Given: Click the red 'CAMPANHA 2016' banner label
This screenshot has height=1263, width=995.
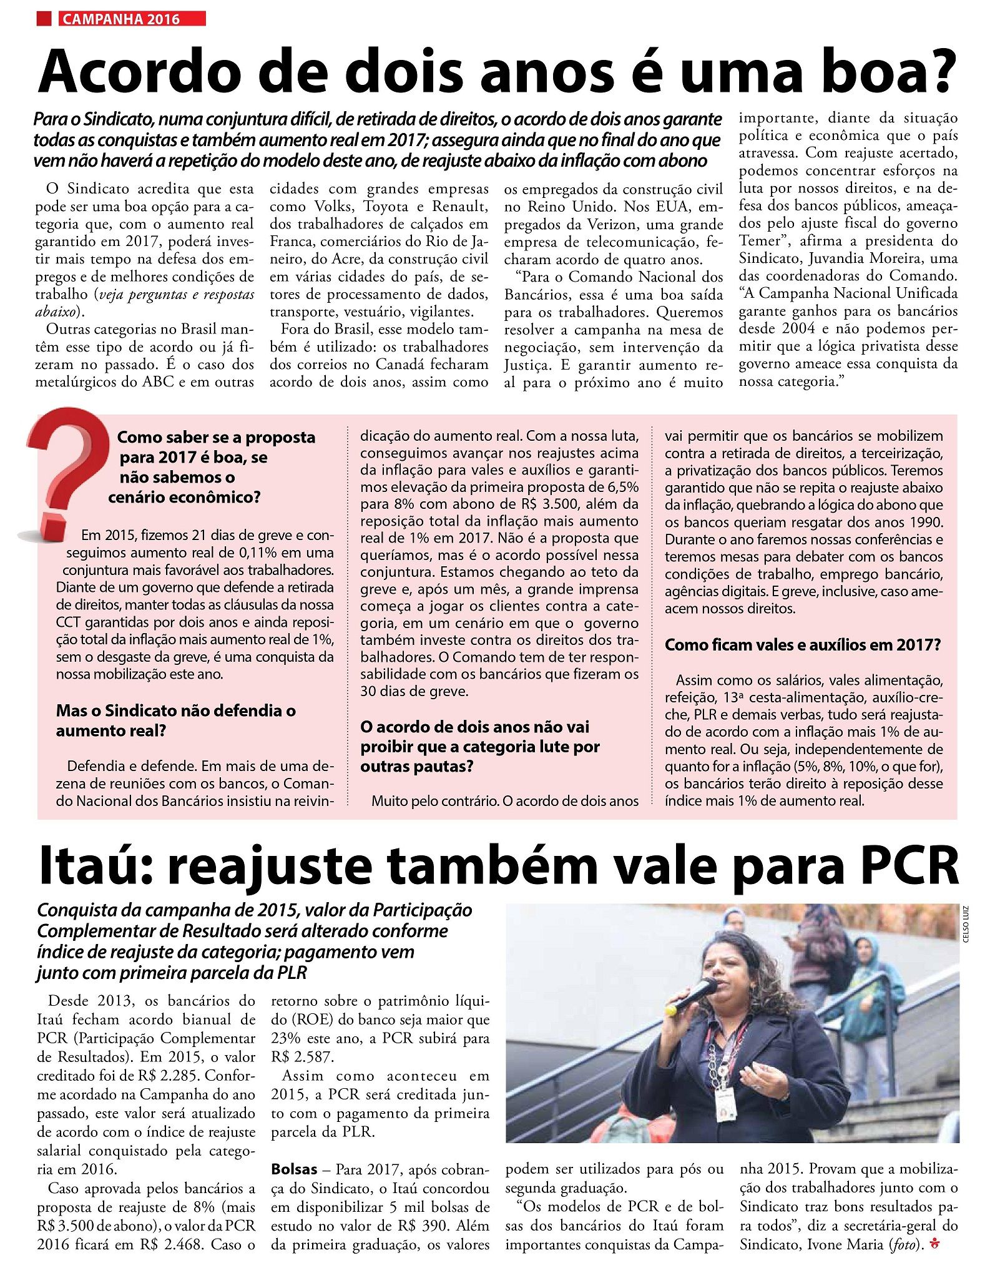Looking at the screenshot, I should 132,19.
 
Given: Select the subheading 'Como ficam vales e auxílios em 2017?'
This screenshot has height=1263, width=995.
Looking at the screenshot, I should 802,645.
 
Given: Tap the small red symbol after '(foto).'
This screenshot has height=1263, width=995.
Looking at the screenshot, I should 934,1245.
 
